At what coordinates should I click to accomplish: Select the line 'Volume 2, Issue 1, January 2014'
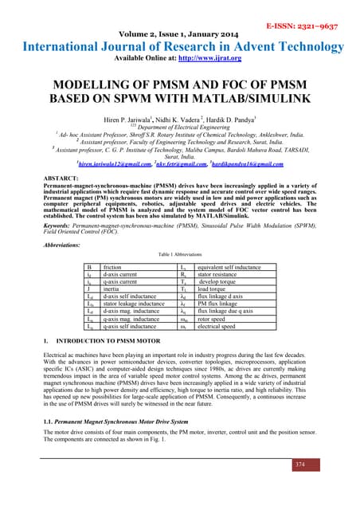[x=180, y=35]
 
